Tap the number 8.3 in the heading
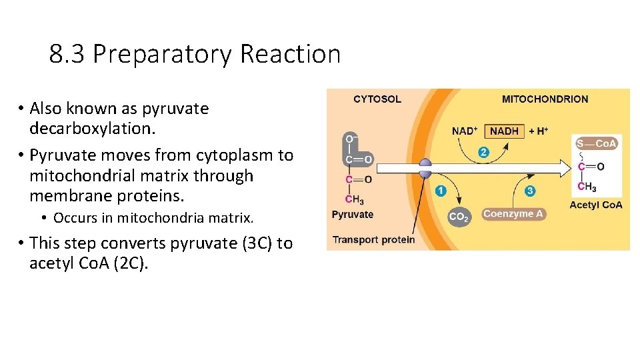click(x=67, y=54)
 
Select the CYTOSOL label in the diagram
click(x=377, y=99)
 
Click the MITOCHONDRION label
click(x=545, y=99)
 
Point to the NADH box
click(x=504, y=131)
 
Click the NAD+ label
click(x=465, y=131)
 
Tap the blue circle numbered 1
click(x=440, y=191)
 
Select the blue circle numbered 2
click(x=483, y=153)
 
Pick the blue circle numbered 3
click(x=530, y=191)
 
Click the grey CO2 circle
click(x=458, y=216)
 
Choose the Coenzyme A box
click(x=513, y=214)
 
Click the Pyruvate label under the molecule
click(x=353, y=215)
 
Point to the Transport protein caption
click(x=373, y=239)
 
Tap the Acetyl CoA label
click(x=596, y=205)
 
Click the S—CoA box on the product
click(x=597, y=143)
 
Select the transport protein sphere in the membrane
click(x=425, y=169)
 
